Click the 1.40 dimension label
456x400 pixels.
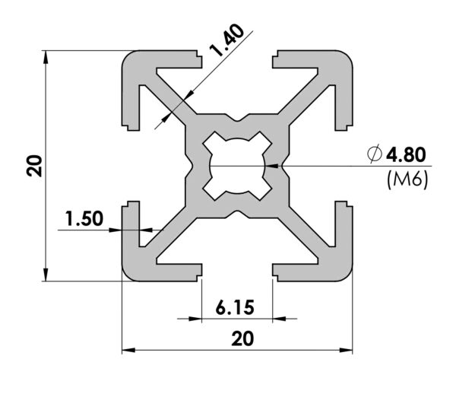point(227,40)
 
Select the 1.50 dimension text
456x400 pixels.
point(84,219)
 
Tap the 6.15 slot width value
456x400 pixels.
point(235,307)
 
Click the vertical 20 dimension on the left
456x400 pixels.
point(35,166)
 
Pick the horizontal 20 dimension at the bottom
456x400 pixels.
point(242,338)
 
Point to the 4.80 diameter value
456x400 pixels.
point(406,154)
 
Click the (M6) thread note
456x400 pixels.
point(407,179)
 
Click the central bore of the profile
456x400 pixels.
point(237,166)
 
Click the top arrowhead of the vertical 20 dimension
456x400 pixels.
point(46,57)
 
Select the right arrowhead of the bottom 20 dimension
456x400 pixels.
point(346,350)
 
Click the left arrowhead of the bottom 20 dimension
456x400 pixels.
point(128,350)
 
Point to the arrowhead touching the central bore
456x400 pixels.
point(271,166)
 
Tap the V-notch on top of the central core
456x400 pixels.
point(237,118)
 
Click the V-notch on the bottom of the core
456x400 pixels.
point(237,214)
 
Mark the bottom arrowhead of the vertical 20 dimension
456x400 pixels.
point(46,275)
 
